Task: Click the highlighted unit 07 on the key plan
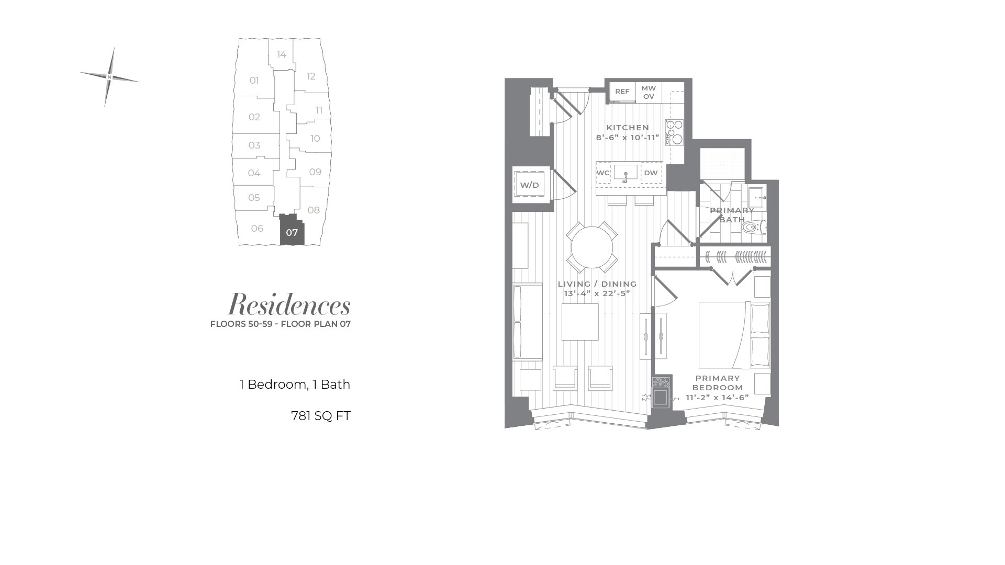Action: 292,231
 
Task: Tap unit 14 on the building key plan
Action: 282,54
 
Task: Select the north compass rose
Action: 109,77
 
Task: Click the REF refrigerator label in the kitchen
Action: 622,92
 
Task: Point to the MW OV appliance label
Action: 649,92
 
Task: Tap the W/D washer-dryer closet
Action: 529,185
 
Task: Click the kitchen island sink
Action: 626,173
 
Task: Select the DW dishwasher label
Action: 651,173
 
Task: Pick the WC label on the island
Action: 603,173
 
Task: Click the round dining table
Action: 592,247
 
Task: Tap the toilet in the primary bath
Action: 754,227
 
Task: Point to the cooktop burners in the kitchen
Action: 674,132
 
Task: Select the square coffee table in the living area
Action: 580,322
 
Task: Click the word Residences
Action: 289,304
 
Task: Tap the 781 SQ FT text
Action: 320,416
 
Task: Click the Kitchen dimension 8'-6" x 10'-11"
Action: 628,138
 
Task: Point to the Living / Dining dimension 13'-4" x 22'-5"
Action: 597,293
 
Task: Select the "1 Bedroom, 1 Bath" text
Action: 295,385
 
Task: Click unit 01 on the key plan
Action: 254,81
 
